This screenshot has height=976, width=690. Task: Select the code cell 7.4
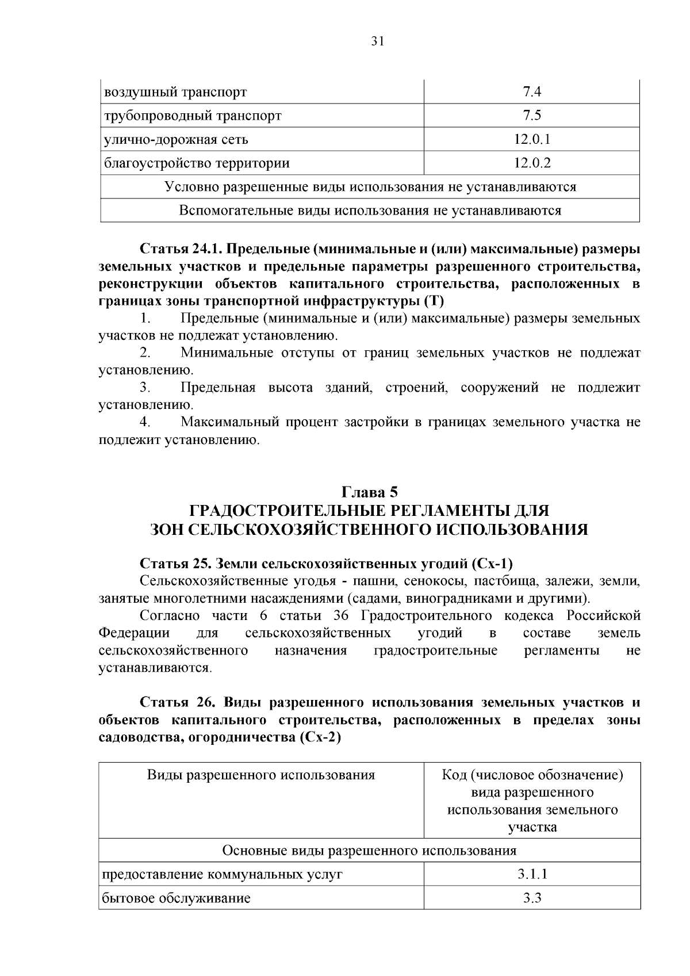click(532, 92)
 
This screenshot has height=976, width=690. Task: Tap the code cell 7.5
click(532, 116)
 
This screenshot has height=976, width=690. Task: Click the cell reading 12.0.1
click(532, 139)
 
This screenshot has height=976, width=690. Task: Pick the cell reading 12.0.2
click(532, 163)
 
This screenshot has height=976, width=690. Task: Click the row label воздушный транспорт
click(175, 92)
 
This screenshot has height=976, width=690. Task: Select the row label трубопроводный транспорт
click(193, 116)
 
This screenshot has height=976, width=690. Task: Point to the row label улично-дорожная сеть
click(176, 139)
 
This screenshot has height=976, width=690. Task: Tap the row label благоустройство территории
click(197, 163)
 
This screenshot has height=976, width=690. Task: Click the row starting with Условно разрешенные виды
click(370, 187)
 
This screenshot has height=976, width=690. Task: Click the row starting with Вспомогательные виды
click(370, 210)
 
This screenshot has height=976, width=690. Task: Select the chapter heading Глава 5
click(370, 492)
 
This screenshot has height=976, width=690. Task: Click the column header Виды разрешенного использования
click(261, 775)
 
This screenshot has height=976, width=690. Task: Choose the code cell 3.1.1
click(532, 874)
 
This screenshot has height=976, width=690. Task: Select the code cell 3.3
click(532, 898)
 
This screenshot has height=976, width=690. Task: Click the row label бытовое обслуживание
click(177, 898)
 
